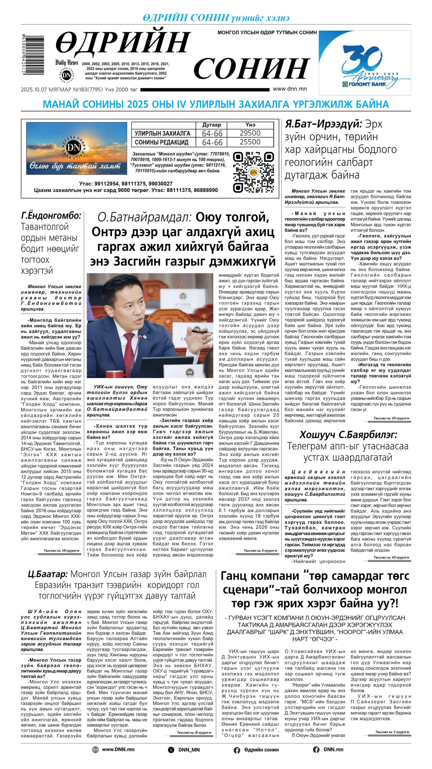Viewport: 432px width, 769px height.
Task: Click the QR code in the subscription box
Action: [254, 172]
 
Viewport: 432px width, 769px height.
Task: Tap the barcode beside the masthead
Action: [33, 54]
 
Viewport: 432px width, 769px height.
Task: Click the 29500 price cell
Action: [250, 133]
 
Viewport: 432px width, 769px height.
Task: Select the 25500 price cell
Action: [250, 142]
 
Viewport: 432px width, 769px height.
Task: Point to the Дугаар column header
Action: [211, 125]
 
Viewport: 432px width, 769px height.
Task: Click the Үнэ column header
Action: [250, 125]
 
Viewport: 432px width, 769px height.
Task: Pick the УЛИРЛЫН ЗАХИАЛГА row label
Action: [162, 133]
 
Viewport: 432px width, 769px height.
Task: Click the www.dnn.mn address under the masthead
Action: [290, 89]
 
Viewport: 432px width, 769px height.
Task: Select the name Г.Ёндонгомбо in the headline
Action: [51, 216]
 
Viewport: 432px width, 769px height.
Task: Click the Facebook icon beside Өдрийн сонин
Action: [237, 750]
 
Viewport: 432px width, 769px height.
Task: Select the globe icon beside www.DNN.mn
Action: [95, 749]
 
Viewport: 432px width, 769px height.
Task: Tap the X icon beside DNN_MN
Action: [171, 750]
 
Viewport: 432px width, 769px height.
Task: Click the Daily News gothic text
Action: [66, 62]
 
